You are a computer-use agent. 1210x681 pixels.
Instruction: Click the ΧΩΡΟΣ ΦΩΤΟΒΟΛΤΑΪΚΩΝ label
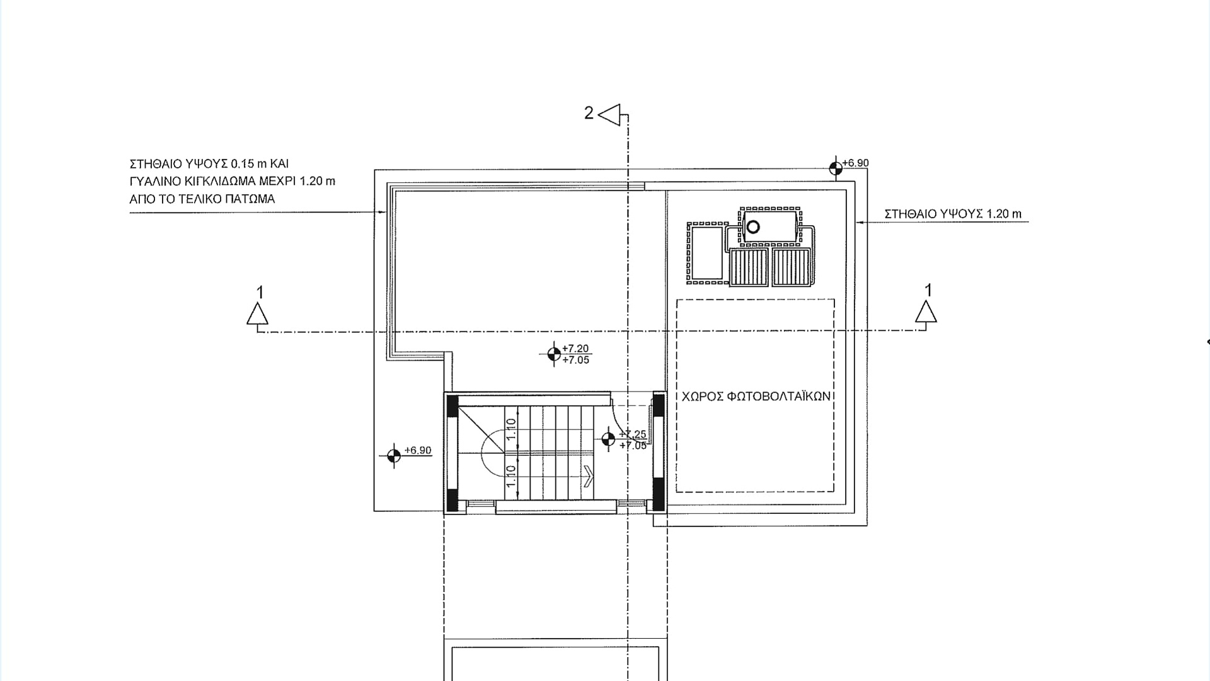pos(756,397)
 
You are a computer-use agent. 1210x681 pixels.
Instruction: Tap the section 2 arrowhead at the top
pos(609,115)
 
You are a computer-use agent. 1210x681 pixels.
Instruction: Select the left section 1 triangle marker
pos(257,314)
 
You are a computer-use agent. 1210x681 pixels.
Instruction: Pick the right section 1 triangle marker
pos(926,312)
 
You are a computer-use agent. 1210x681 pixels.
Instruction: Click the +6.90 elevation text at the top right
pos(856,163)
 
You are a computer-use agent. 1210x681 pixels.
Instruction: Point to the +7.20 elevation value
pos(575,348)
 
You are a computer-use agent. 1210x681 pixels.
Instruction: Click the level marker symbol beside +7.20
pos(554,354)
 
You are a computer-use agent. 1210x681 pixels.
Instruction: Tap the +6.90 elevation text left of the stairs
pos(418,450)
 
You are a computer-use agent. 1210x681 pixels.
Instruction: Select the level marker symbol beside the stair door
pos(608,439)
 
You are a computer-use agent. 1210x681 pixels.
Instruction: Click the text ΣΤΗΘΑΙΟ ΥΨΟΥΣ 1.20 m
pos(953,214)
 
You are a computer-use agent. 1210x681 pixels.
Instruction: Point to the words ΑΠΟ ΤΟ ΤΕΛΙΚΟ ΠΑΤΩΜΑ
pos(202,199)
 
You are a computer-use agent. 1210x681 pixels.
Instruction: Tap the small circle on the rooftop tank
pos(752,227)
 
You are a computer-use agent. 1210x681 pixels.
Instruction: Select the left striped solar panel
pos(749,267)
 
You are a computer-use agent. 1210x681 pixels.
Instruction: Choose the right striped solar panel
pos(792,267)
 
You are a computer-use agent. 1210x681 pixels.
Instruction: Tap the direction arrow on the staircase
pos(589,476)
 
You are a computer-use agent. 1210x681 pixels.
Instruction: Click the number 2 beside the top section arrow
pos(589,113)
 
